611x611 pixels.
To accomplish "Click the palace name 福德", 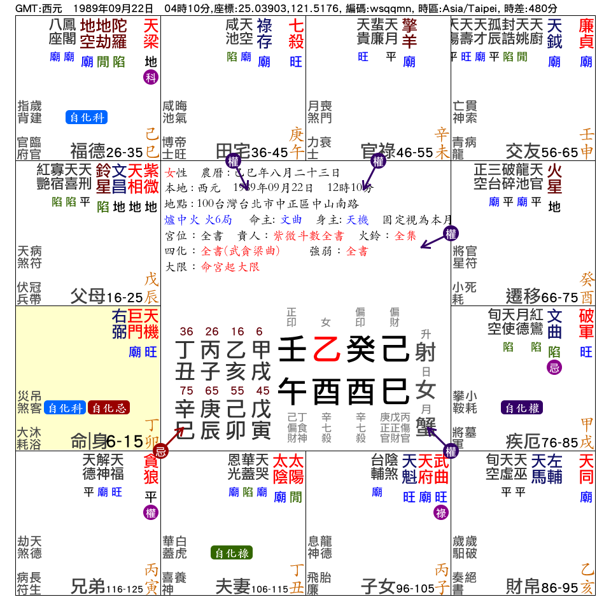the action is coord(88,151).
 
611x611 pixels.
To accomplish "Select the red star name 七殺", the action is coord(296,34).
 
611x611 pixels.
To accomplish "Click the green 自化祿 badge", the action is coord(232,553).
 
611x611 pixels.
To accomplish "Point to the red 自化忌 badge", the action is coord(109,407).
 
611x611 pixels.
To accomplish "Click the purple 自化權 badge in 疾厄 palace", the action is coord(522,407).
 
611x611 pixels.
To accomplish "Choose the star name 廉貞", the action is coord(586,34).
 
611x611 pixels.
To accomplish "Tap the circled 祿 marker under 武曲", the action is coord(440,513).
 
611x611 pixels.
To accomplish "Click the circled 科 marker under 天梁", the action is coord(150,78).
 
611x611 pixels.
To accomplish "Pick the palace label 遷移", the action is coord(523,296).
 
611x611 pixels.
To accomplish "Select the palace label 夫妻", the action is coord(233,586).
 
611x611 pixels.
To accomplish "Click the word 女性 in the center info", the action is coord(175,172).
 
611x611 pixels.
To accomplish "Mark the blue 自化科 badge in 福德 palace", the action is coord(86,117).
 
